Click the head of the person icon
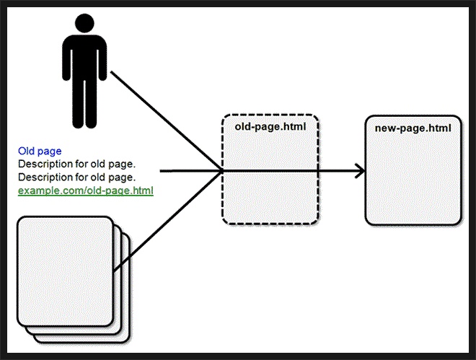point(84,23)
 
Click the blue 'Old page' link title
point(40,152)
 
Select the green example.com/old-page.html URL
point(86,191)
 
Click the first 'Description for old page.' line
point(76,164)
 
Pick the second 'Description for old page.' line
point(76,177)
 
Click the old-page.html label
point(270,126)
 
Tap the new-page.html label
point(413,128)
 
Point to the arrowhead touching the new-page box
point(361,172)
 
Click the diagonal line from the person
point(167,121)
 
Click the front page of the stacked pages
point(65,271)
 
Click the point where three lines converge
point(222,172)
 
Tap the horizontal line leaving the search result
point(190,172)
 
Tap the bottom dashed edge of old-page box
point(270,224)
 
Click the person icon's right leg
point(91,104)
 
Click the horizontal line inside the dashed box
point(270,172)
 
